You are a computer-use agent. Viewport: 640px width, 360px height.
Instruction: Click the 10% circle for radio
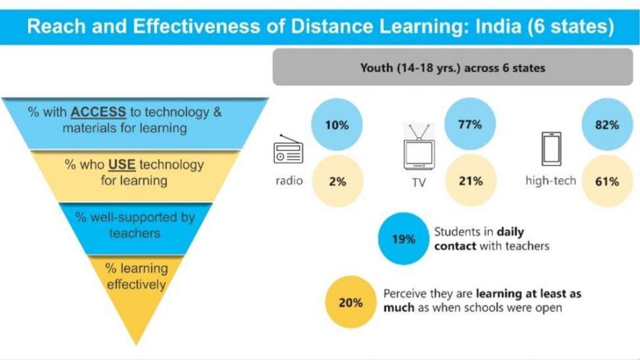pyautogui.click(x=337, y=125)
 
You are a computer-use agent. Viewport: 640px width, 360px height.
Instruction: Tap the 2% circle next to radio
pyautogui.click(x=337, y=181)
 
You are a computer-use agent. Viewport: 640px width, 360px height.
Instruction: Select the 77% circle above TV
pyautogui.click(x=470, y=124)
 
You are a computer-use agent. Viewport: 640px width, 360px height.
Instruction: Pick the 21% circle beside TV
pyautogui.click(x=470, y=181)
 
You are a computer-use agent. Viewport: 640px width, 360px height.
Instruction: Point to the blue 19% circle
pyautogui.click(x=404, y=239)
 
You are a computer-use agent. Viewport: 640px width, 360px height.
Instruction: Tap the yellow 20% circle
pyautogui.click(x=351, y=303)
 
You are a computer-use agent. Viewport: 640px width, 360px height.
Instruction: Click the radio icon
pyautogui.click(x=288, y=150)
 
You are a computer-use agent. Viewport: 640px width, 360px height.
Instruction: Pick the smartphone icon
pyautogui.click(x=551, y=150)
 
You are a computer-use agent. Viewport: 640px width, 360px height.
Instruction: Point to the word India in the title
pyautogui.click(x=494, y=27)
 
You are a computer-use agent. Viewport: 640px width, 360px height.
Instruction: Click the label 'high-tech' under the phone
pyautogui.click(x=550, y=181)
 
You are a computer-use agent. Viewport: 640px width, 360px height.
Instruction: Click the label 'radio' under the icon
pyautogui.click(x=288, y=181)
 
